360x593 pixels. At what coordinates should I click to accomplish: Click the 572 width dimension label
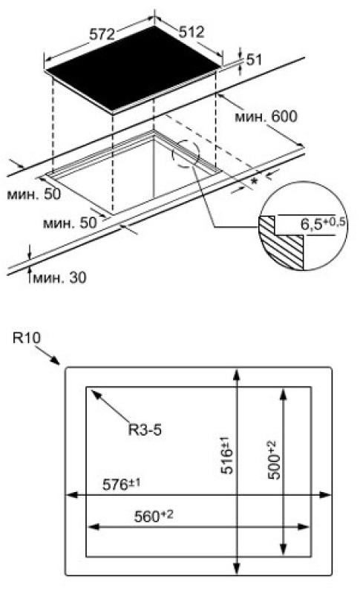[102, 34]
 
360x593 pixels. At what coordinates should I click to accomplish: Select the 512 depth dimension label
[192, 32]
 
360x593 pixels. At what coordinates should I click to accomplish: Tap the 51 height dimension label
[254, 60]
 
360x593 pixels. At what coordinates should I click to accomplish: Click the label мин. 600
[266, 117]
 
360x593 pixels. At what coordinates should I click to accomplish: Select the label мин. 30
[59, 278]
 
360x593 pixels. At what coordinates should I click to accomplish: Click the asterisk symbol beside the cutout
[255, 183]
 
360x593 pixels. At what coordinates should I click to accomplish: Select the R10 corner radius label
[26, 338]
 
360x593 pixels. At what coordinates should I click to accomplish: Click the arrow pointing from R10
[48, 355]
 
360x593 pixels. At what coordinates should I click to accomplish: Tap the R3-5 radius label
[145, 430]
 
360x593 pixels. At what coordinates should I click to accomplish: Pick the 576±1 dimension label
[122, 485]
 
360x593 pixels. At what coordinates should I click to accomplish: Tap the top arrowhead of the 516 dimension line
[237, 373]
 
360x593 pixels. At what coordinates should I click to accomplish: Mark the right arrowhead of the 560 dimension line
[304, 527]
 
